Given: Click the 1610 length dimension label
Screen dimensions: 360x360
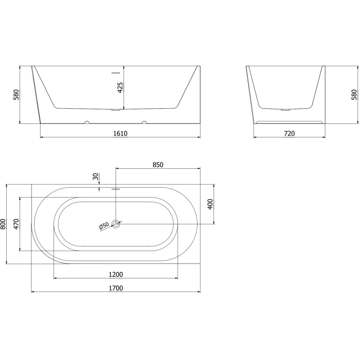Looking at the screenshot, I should [x=121, y=133].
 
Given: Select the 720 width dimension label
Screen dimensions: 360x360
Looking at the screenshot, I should [x=289, y=133].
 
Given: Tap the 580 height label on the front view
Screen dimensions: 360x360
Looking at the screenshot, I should [x=16, y=94].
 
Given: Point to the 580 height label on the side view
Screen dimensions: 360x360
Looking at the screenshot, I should [x=354, y=94].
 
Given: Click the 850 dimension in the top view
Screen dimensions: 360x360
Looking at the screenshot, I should [x=157, y=165].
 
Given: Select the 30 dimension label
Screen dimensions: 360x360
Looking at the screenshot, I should [x=95, y=177].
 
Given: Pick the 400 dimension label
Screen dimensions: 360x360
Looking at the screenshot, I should [x=210, y=204].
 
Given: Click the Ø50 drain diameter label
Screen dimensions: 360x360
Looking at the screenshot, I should [x=104, y=227].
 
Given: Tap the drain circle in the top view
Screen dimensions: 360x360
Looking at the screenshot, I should [x=116, y=224].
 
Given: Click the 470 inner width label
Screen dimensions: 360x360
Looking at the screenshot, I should [x=16, y=224].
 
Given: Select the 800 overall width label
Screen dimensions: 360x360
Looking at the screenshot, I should [x=3, y=224].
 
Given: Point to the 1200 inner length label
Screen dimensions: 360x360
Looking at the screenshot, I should [x=116, y=274].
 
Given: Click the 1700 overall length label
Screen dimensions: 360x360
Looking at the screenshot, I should [x=116, y=288].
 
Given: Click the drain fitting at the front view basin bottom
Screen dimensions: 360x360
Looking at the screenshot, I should [x=116, y=109].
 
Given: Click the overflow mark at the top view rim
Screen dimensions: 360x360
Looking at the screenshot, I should [x=116, y=189].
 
